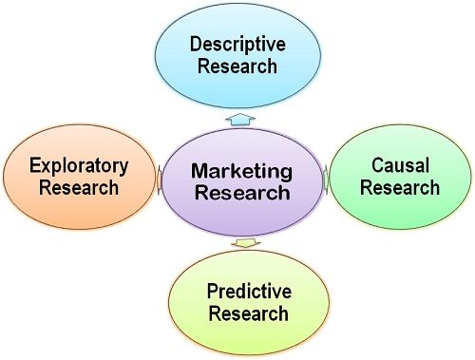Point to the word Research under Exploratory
[79, 187]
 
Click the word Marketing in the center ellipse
[239, 172]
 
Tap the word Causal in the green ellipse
[400, 164]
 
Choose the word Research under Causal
[400, 187]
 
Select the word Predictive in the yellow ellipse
[248, 291]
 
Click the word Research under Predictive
[248, 313]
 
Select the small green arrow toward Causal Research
[325, 178]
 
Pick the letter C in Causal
[373, 164]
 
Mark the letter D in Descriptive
[195, 44]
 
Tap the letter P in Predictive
[213, 291]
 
